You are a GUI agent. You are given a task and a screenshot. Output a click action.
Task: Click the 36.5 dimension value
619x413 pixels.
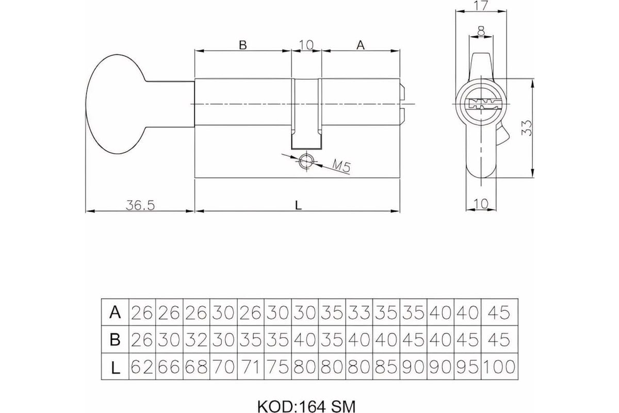(x=140, y=205)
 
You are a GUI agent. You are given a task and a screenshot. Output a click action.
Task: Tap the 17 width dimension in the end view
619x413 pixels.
(x=481, y=7)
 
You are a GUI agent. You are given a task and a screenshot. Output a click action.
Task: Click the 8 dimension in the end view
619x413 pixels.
(x=481, y=32)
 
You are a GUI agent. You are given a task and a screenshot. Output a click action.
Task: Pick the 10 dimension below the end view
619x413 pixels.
(x=481, y=204)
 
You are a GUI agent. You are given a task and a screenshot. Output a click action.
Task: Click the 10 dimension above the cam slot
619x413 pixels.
(x=306, y=45)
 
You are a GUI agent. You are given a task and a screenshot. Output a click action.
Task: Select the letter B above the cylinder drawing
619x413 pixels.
(x=242, y=45)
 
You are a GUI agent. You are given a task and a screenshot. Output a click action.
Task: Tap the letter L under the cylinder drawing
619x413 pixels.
(x=297, y=205)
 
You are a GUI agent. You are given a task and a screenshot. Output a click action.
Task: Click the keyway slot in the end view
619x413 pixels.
(x=481, y=102)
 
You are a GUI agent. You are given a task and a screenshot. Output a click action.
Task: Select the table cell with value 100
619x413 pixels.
(x=499, y=367)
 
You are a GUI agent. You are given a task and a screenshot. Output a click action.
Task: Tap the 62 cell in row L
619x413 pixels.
(x=142, y=367)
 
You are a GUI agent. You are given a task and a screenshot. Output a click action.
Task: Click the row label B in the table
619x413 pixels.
(x=115, y=340)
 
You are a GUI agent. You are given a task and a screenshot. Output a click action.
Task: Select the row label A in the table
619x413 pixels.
(x=115, y=312)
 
